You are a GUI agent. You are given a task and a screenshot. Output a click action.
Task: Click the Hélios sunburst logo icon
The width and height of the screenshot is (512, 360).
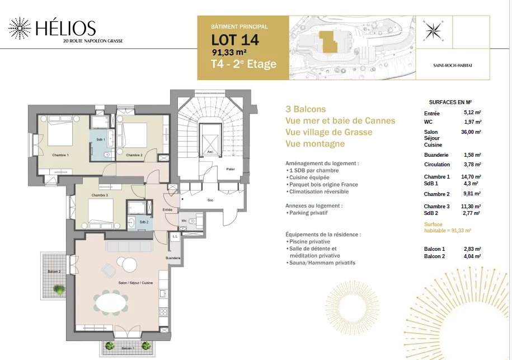pyautogui.click(x=20, y=29)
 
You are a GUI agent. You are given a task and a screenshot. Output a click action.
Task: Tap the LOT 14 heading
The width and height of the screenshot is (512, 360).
pyautogui.click(x=235, y=40)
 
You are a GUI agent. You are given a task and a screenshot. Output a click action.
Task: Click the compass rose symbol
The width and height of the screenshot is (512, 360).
pyautogui.click(x=433, y=30)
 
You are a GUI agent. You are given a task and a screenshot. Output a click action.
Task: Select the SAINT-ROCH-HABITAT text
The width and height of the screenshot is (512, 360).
pyautogui.click(x=453, y=66)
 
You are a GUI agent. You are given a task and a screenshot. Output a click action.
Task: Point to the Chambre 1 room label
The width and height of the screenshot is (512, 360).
pyautogui.click(x=60, y=155)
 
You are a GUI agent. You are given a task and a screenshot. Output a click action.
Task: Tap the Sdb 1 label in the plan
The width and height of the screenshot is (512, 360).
pyautogui.click(x=101, y=139)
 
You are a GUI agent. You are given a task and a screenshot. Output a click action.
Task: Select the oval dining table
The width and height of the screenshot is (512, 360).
pyautogui.click(x=111, y=302)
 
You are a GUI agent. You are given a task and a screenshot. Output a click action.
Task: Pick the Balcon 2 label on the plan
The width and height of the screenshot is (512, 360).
pyautogui.click(x=54, y=272)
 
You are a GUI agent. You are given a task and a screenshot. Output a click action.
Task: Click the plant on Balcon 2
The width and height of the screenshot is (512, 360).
pyautogui.click(x=59, y=289)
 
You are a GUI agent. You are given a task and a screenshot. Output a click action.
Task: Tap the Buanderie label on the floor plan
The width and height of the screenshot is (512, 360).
pyautogui.click(x=173, y=258)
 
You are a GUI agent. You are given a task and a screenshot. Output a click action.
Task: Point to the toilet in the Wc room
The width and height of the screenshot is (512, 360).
pyautogui.click(x=192, y=222)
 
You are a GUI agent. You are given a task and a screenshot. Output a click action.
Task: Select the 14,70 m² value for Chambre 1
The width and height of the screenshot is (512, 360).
pyautogui.click(x=471, y=177)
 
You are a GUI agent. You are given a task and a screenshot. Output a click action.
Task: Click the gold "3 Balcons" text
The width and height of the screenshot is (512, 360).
pyautogui.click(x=306, y=109)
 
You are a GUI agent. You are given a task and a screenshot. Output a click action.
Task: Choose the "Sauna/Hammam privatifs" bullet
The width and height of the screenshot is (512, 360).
pyautogui.click(x=320, y=263)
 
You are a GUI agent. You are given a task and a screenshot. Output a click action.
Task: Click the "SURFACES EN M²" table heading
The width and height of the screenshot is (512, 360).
pyautogui.click(x=450, y=102)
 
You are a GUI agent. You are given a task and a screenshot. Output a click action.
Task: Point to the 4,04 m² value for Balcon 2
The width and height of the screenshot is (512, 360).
pyautogui.click(x=472, y=256)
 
